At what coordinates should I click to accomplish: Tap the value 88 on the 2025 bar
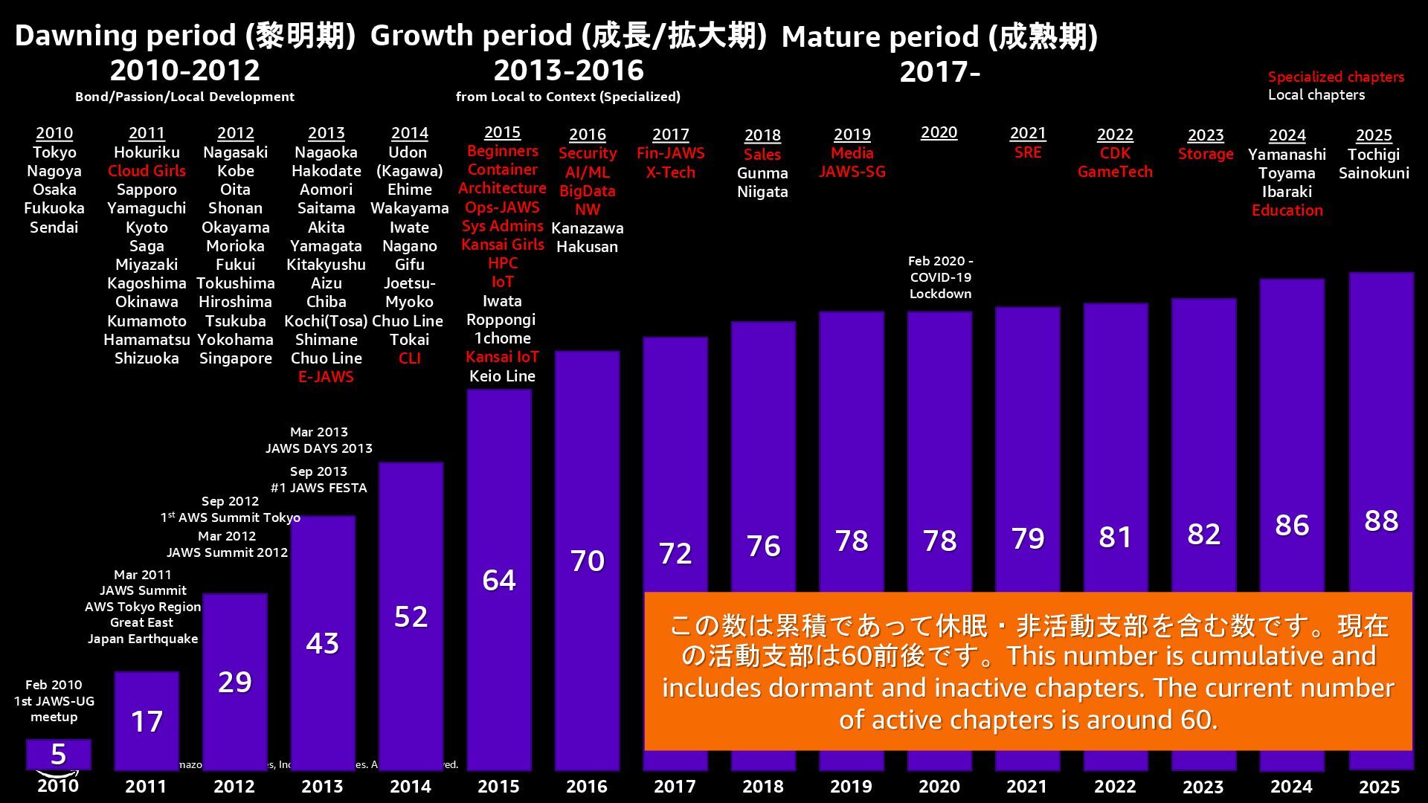(x=1381, y=520)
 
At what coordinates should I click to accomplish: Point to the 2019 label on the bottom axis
(x=851, y=787)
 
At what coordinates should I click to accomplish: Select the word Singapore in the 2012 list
(x=235, y=358)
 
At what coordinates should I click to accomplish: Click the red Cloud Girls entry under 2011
(x=147, y=171)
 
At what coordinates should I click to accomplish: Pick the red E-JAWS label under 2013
(x=326, y=377)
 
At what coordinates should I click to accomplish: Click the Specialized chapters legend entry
(x=1336, y=77)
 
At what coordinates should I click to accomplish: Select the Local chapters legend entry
(x=1316, y=95)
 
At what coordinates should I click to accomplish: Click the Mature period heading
(x=939, y=36)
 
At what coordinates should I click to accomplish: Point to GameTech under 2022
(x=1115, y=172)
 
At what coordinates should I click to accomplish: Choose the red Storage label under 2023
(x=1206, y=154)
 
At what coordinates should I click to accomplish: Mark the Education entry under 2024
(x=1287, y=210)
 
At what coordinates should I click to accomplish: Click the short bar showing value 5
(x=59, y=754)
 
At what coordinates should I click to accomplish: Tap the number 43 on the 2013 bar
(x=322, y=643)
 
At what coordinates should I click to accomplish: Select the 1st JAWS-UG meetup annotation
(x=54, y=701)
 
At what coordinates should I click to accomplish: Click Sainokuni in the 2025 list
(x=1374, y=173)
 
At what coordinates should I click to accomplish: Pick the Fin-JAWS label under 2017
(x=670, y=153)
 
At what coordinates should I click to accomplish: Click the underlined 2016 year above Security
(x=587, y=135)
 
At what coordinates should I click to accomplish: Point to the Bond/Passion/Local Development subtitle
(x=184, y=97)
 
